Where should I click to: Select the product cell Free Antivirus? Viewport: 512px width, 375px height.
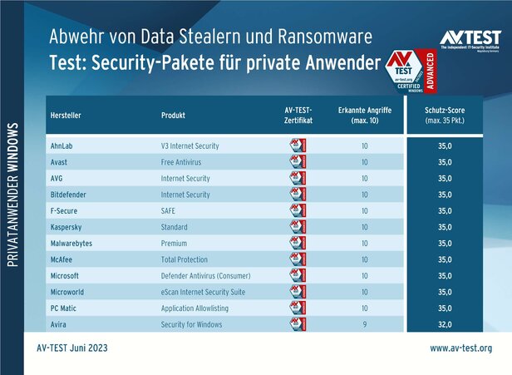coord(180,162)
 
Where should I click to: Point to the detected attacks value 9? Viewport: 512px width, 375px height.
coord(364,324)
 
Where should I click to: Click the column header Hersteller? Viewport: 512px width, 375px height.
coord(66,115)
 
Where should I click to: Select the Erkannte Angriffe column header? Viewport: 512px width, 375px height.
coord(364,115)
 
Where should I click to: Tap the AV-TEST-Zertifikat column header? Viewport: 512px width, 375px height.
coord(298,115)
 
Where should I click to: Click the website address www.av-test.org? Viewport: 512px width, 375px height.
coord(460,348)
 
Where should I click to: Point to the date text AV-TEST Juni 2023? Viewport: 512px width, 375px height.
coord(72,348)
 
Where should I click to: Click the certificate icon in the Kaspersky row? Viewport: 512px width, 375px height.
coord(296,227)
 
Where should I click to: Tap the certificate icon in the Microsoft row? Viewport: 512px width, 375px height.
coord(296,275)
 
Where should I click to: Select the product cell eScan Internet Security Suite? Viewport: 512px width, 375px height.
coord(203,292)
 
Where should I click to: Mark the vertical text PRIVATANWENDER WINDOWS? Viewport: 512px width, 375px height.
coord(13,196)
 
